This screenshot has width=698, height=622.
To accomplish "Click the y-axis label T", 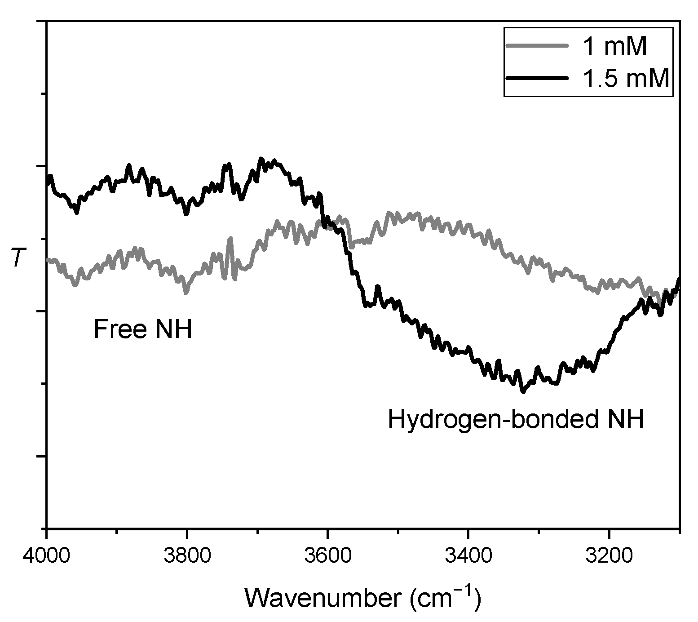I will [x=18, y=258].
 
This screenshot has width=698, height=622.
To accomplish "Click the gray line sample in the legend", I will [x=537, y=45].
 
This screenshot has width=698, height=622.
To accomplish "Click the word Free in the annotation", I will [x=119, y=329].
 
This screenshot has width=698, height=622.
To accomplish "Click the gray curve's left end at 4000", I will [x=48, y=259].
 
